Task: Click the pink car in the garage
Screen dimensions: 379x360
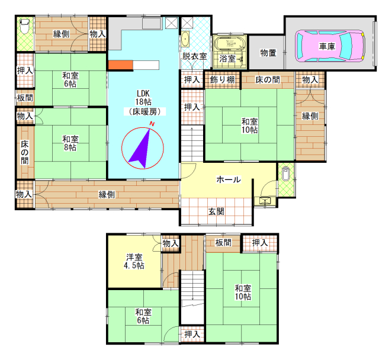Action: click(x=329, y=46)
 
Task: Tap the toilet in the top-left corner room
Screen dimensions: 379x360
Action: click(x=24, y=26)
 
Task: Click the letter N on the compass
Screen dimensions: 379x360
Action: click(x=152, y=124)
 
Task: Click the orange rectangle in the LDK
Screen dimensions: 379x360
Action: click(x=120, y=65)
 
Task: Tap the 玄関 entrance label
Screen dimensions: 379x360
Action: click(x=216, y=211)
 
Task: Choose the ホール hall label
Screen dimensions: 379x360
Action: click(x=229, y=179)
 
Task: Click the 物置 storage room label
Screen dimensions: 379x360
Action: click(x=268, y=53)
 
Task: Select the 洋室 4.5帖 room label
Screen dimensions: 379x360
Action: click(x=134, y=261)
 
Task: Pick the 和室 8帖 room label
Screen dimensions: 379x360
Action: click(x=70, y=143)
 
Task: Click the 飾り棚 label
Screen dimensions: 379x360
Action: click(x=222, y=79)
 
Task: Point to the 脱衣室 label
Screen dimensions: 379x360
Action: click(x=195, y=56)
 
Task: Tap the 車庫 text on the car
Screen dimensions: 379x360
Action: click(x=327, y=46)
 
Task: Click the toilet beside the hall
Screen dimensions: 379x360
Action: click(x=285, y=173)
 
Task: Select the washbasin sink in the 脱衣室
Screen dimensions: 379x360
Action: click(x=185, y=38)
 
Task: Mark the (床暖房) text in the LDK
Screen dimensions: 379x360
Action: click(x=144, y=111)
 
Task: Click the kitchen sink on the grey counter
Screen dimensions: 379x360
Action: click(x=152, y=24)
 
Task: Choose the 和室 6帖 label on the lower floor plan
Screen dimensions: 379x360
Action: click(x=143, y=316)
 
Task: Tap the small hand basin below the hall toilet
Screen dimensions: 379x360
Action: click(x=265, y=201)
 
